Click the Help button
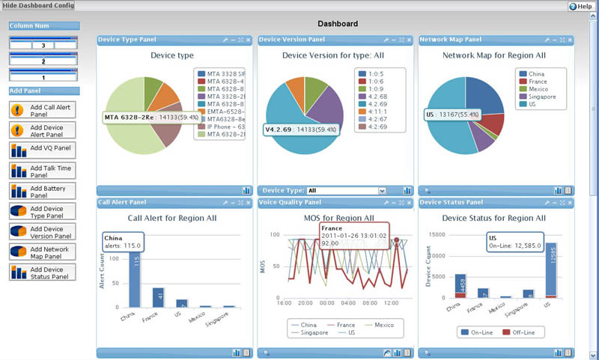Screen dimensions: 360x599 (x=581, y=6)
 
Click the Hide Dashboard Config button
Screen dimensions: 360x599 (x=37, y=6)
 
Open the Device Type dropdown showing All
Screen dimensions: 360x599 (x=347, y=191)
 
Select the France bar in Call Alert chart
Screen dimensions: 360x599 (x=158, y=297)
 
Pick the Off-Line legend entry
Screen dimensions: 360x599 (x=522, y=332)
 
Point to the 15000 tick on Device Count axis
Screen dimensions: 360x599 (x=437, y=234)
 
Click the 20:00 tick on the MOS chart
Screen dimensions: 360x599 (x=305, y=303)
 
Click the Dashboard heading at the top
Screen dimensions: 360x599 (x=338, y=24)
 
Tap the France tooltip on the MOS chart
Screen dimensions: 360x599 (x=347, y=233)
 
